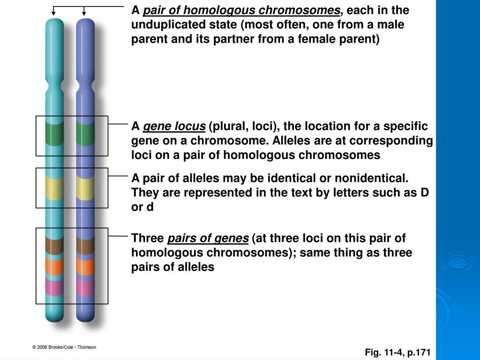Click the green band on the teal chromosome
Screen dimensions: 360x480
[54, 133]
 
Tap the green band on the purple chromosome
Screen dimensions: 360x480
[85, 133]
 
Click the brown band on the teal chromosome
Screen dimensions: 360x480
[54, 246]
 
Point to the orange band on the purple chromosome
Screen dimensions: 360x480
[85, 266]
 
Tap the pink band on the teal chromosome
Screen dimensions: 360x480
[54, 287]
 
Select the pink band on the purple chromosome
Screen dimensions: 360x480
[85, 287]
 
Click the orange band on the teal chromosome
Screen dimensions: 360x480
[54, 266]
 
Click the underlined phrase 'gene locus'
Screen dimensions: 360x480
[174, 127]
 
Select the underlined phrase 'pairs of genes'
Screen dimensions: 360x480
[208, 239]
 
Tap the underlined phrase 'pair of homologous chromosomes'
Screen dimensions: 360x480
[241, 10]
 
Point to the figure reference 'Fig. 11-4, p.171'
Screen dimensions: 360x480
[397, 352]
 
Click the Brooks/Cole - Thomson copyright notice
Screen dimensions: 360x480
[64, 347]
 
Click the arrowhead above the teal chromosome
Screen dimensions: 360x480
[54, 13]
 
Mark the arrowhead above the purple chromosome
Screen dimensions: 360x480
[85, 13]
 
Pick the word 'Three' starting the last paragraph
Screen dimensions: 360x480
[147, 239]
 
